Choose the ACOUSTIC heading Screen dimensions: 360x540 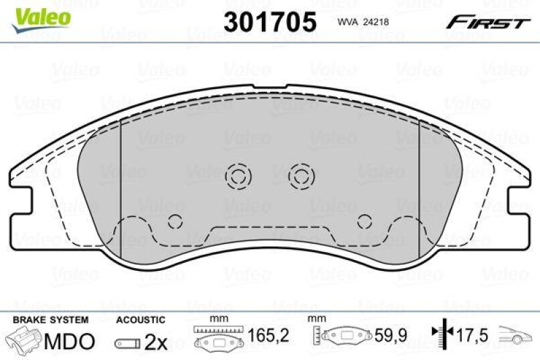click(x=140, y=319)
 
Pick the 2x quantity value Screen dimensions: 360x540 click(x=157, y=342)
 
